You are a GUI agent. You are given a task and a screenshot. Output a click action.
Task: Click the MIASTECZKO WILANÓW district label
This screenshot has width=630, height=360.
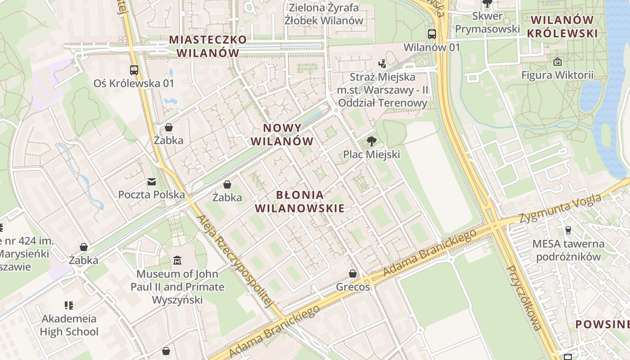tap(208, 46)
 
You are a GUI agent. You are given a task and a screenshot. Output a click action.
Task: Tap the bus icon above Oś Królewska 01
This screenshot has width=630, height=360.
tap(134, 70)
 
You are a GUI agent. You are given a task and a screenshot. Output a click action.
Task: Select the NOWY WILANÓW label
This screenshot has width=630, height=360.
tap(282, 135)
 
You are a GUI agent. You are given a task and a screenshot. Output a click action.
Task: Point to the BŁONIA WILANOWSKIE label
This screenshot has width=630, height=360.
tap(300, 201)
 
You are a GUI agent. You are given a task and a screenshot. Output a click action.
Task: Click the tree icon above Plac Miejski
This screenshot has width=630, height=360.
tap(371, 141)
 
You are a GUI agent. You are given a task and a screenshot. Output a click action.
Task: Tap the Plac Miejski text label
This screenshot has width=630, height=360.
tap(371, 154)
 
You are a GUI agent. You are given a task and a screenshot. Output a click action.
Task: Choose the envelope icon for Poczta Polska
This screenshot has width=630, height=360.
tap(151, 182)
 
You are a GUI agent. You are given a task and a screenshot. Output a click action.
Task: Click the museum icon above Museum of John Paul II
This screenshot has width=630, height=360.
tap(177, 261)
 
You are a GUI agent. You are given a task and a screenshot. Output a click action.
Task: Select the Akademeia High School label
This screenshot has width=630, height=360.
tap(69, 325)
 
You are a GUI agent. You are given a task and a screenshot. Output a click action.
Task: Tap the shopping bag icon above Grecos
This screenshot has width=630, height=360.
tap(353, 274)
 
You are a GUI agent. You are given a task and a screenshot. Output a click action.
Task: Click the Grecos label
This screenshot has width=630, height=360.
tap(353, 287)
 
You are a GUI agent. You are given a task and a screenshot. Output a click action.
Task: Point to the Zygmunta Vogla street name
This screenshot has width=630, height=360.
tap(560, 208)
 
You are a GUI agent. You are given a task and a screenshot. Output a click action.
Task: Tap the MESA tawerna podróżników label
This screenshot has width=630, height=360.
tap(568, 250)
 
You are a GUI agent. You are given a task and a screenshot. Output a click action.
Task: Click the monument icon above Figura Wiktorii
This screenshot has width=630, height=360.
tap(558, 62)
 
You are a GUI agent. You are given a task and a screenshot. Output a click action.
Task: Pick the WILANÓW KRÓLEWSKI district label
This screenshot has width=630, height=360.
tap(562, 27)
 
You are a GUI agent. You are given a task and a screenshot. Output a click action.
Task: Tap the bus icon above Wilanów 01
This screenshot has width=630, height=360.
tap(432, 34)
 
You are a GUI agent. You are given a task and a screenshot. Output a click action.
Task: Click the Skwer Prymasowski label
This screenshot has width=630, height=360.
tap(487, 22)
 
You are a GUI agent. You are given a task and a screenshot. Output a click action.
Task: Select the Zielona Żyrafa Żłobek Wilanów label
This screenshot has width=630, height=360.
tap(324, 14)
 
